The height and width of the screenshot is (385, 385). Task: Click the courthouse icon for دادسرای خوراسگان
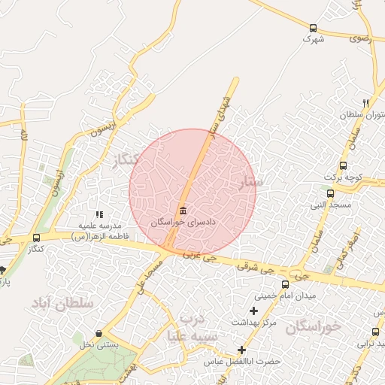[x=183, y=211]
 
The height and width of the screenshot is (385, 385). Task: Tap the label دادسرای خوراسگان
[x=183, y=223]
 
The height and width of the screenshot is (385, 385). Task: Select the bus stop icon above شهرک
[x=313, y=28]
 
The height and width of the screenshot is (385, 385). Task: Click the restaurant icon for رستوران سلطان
[x=365, y=103]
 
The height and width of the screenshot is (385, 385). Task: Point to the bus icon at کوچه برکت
[x=344, y=165]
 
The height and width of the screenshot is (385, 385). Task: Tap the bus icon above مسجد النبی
[x=330, y=193]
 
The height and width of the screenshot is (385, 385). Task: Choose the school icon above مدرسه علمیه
[x=99, y=214]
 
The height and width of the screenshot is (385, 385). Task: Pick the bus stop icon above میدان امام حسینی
[x=284, y=284]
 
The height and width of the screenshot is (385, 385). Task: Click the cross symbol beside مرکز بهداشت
[x=253, y=311]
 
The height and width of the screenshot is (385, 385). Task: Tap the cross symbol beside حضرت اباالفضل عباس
[x=241, y=350]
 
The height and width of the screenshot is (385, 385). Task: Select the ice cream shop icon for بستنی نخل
[x=99, y=334]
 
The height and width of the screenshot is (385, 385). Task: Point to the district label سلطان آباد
[x=62, y=303]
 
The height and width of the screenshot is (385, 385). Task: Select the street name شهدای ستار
[x=220, y=114]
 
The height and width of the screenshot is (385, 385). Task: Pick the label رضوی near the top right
[x=359, y=36]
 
